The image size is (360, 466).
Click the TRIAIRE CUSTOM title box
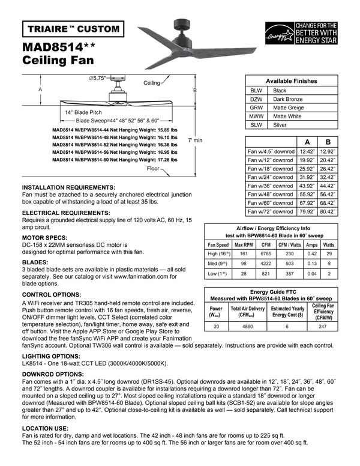[x=74, y=29]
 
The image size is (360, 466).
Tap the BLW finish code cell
[x=256, y=90]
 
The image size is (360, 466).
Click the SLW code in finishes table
[x=256, y=125]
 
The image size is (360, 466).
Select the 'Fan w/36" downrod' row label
[x=271, y=186]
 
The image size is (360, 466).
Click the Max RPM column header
[x=243, y=245]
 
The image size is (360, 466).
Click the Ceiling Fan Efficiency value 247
[x=323, y=327]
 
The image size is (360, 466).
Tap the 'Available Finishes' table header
[x=292, y=81]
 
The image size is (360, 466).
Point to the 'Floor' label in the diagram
[x=153, y=169]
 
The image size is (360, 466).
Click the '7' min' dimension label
[x=196, y=140]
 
